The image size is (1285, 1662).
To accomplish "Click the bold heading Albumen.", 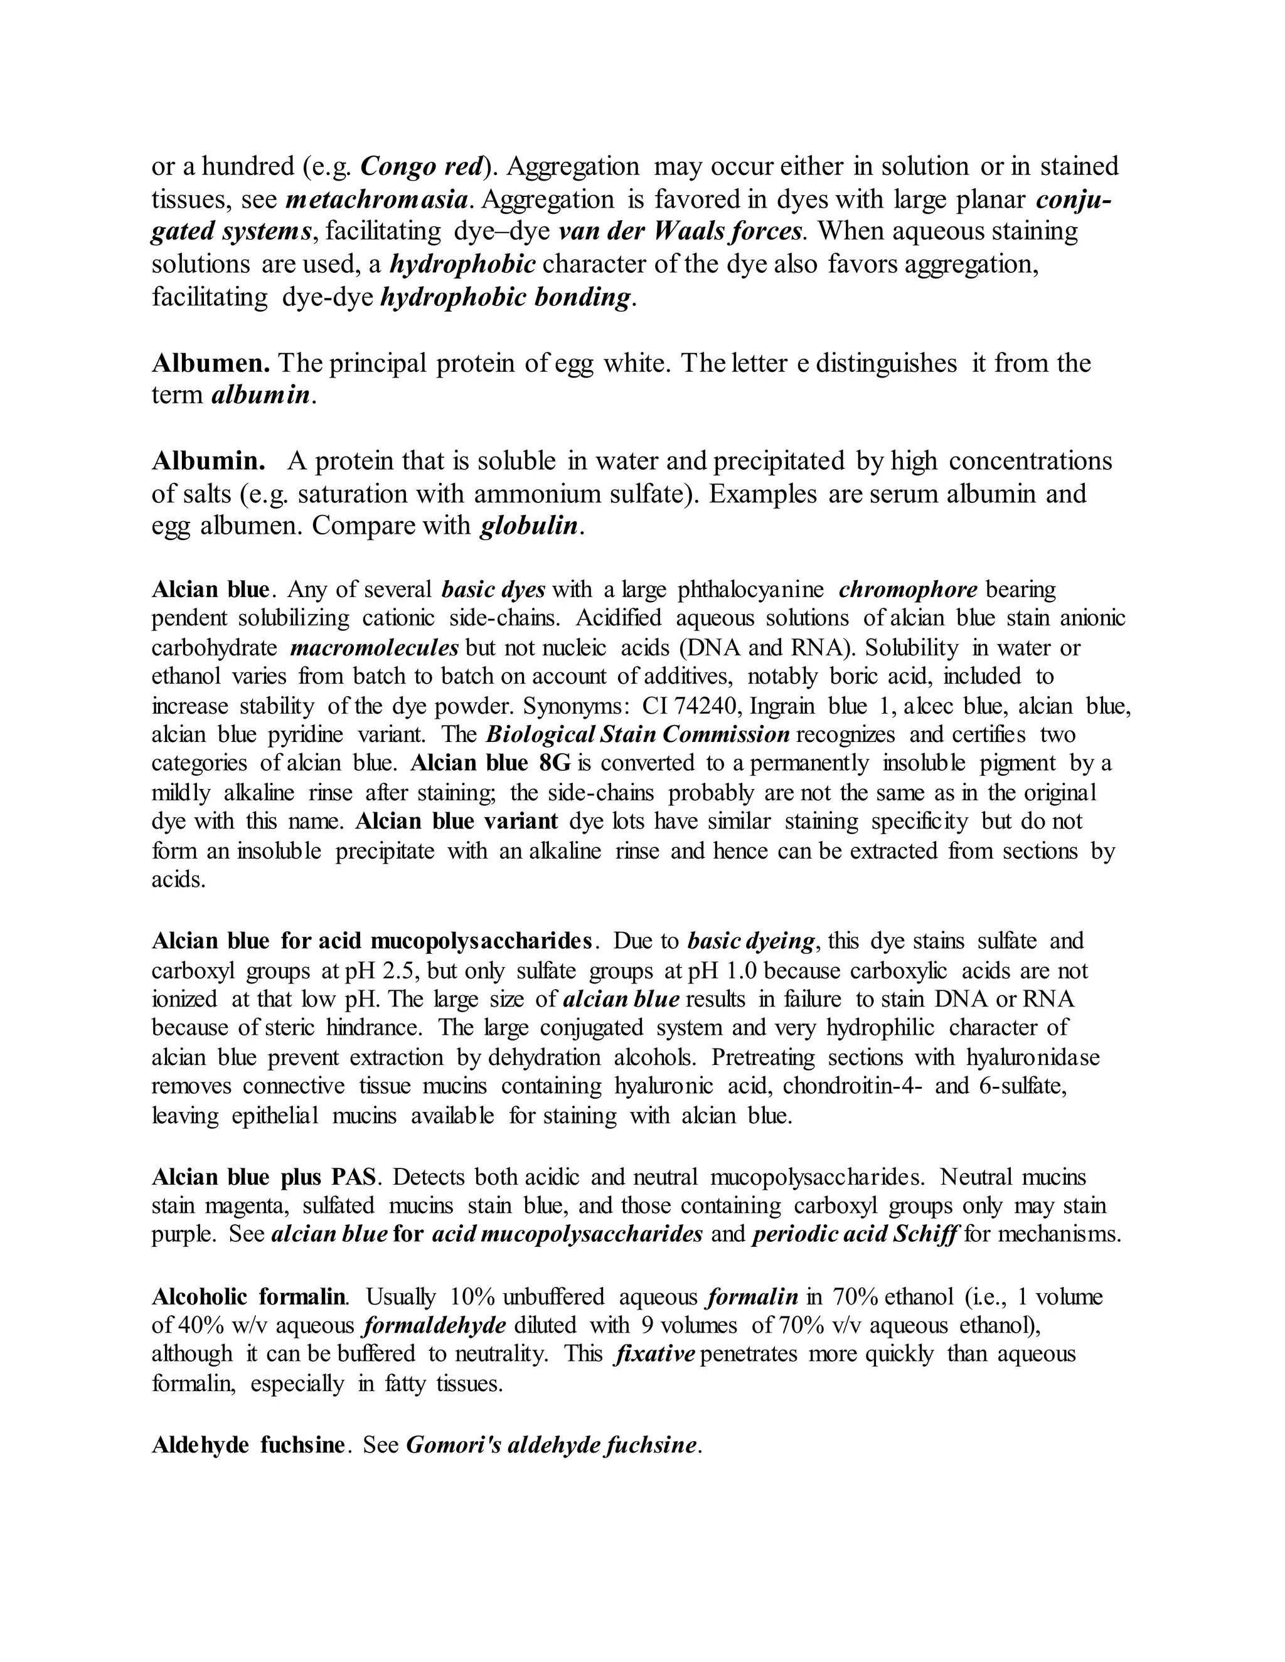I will click(211, 363).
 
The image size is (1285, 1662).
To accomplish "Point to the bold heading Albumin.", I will click(208, 461).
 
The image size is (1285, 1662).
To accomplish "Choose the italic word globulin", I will click(529, 526).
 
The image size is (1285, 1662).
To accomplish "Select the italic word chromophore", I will click(907, 590).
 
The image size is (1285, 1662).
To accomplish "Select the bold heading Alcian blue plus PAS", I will click(264, 1177).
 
